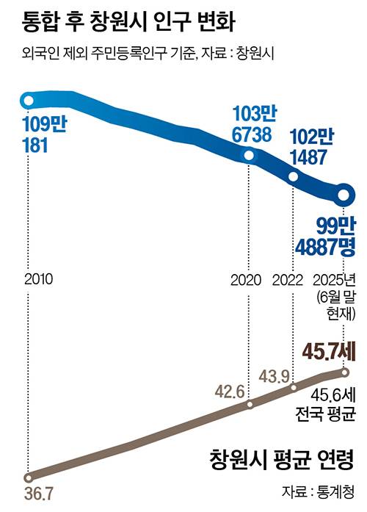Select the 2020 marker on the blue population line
pos(250,155)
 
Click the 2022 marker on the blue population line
pos(294,176)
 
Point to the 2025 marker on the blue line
pos(344,195)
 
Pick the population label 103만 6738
pos(252,124)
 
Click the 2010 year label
pos(38,280)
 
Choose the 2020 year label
pos(247,280)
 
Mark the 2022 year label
pos(287,280)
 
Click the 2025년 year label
pos(334,280)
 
